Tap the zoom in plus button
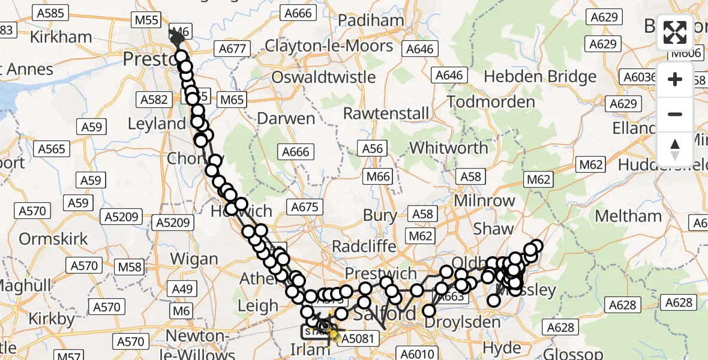675,79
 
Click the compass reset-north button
675,149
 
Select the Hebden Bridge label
540,76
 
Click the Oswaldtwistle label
323,77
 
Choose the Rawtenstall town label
386,113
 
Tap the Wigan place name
194,259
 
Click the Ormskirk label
53,239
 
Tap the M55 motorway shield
146,20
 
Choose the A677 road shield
232,49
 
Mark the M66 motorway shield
378,176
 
